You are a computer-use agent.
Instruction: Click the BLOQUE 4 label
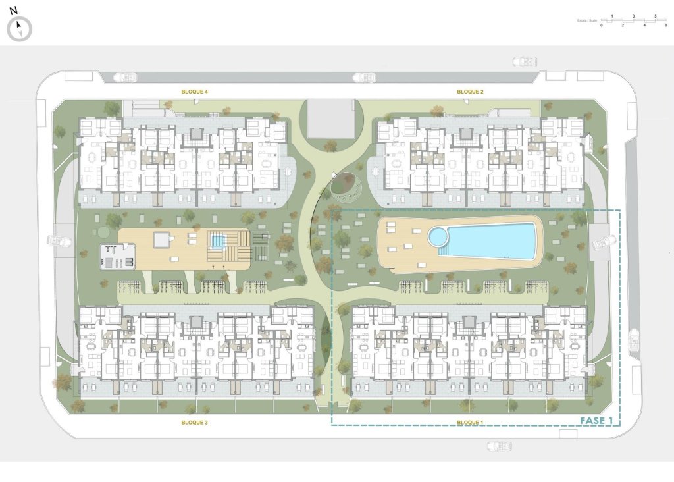[x=195, y=92]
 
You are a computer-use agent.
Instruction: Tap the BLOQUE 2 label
[x=471, y=92]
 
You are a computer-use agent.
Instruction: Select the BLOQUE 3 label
[x=195, y=422]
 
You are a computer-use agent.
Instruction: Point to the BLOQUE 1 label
[x=470, y=422]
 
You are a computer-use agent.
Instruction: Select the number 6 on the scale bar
[x=666, y=24]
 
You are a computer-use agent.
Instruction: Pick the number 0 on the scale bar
[x=602, y=24]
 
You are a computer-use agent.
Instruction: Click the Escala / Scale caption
[x=587, y=20]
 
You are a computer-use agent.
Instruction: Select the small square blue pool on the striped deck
[x=218, y=242]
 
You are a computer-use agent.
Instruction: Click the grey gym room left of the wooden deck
[x=117, y=255]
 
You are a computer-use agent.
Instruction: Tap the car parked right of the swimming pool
[x=604, y=244]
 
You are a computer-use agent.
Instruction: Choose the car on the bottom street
[x=500, y=446]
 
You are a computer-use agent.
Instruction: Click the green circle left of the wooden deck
[x=103, y=232]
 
